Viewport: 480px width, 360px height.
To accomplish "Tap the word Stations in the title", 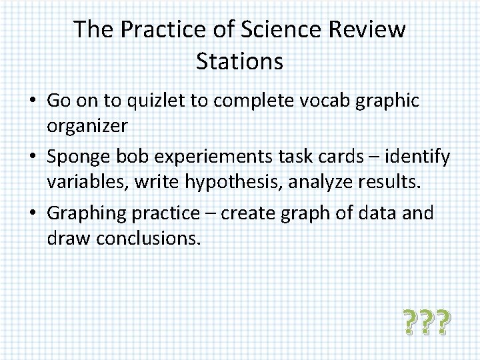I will (240, 61).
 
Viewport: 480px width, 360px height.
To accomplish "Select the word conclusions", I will (148, 237).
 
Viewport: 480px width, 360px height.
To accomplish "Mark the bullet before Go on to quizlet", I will (32, 101).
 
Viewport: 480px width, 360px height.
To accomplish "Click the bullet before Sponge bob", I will (32, 157).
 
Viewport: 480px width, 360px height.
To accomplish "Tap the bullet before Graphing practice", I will (32, 213).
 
